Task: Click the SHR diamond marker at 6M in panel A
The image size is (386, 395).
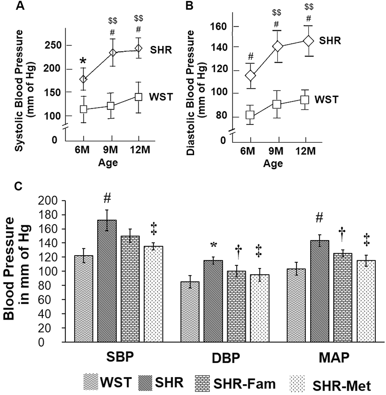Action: [x=83, y=79]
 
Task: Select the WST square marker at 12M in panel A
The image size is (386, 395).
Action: [x=138, y=97]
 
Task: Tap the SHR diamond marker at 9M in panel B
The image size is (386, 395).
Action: [x=277, y=46]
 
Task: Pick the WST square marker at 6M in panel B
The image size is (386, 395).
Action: [x=250, y=115]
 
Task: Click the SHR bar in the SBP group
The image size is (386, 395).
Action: [x=107, y=281]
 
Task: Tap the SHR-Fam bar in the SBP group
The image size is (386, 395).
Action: [x=130, y=289]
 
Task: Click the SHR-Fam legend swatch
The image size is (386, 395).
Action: [x=203, y=382]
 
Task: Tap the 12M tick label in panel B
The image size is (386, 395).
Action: [x=305, y=151]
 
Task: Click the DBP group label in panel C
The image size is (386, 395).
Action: [x=226, y=358]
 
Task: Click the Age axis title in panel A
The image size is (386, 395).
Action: [x=108, y=163]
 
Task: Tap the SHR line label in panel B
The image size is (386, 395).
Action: [x=330, y=41]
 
